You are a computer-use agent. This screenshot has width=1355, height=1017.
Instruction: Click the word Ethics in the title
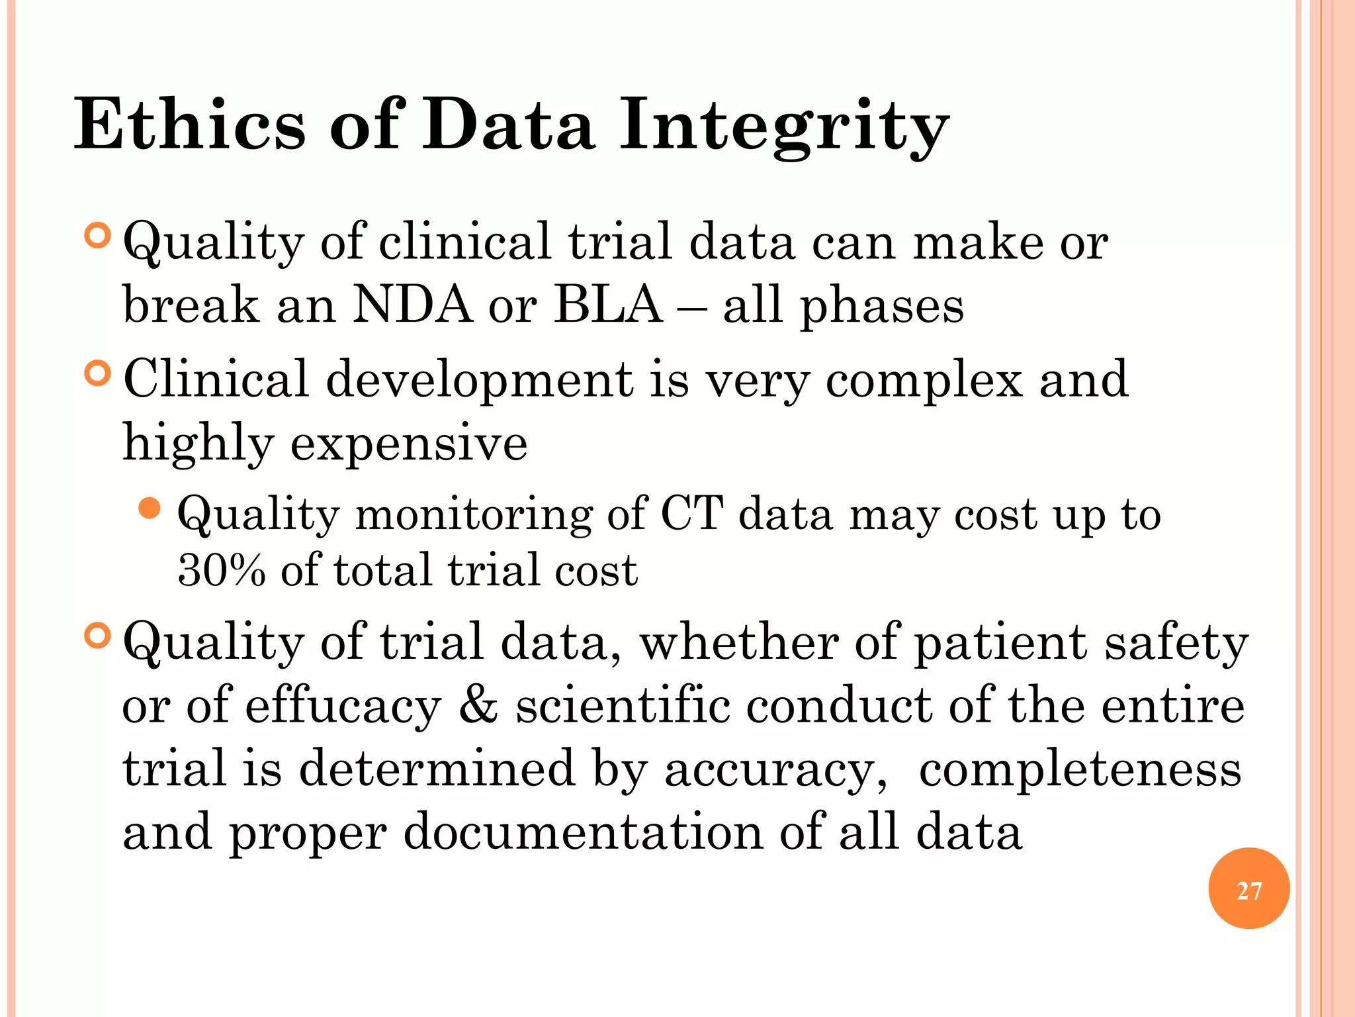coord(190,124)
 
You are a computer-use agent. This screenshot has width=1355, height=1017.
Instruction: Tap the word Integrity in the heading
coord(784,126)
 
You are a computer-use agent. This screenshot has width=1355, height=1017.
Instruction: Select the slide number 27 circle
coord(1248,889)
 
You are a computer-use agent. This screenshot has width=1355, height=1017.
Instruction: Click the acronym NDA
coord(412,305)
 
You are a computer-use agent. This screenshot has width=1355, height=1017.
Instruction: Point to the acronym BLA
coord(608,305)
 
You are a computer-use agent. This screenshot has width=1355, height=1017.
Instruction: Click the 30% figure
coord(222,570)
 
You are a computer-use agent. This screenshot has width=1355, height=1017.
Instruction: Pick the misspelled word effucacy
coord(343,706)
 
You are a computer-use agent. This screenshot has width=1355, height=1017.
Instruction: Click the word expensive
coord(409,443)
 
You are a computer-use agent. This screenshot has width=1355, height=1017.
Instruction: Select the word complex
coord(924,381)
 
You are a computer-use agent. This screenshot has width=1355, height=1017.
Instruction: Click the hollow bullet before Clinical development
coord(97,373)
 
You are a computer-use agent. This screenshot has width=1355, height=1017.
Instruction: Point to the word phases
coord(882,307)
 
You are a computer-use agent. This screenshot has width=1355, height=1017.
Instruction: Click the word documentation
coord(582,832)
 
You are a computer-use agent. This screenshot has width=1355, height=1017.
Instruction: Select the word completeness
coord(1080,769)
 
